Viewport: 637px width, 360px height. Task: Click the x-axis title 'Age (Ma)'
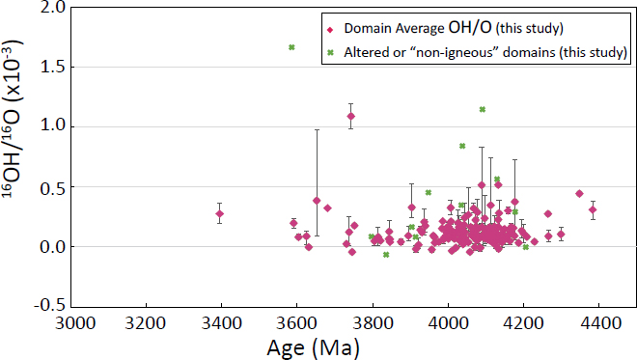click(335, 346)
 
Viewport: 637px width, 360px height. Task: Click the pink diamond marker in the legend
click(331, 28)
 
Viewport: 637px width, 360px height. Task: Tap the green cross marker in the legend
click(331, 54)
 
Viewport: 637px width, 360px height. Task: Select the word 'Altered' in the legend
click(365, 54)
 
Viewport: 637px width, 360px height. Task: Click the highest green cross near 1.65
click(291, 47)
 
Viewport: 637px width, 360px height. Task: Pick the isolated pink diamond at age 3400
click(220, 213)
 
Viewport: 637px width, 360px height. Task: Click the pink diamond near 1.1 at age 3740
click(351, 116)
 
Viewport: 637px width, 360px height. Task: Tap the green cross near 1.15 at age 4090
click(483, 110)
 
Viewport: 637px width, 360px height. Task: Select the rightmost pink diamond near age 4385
click(593, 209)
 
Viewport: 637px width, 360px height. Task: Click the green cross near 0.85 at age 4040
click(463, 146)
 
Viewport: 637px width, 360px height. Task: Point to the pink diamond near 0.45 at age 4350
click(579, 194)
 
